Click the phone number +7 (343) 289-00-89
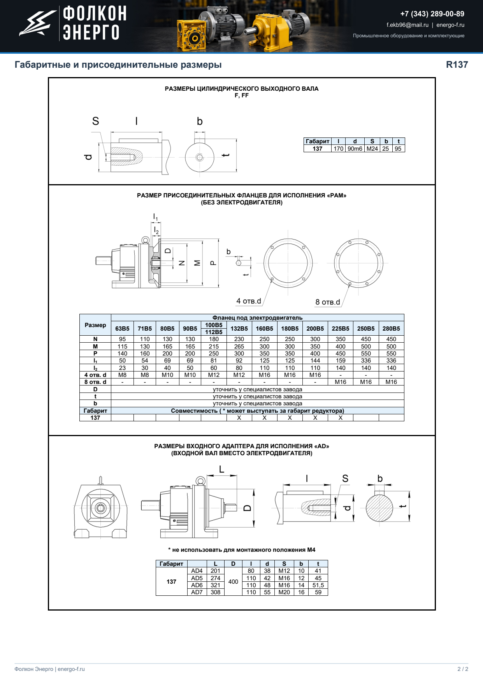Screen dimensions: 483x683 pos(432,14)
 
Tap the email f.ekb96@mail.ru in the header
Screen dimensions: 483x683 pos(407,25)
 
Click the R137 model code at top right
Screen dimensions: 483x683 pos(457,65)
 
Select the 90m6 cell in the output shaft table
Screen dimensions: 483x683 pos(355,149)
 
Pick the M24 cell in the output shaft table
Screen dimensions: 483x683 pos(372,149)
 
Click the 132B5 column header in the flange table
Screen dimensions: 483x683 pos(239,329)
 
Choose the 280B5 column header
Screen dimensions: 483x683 pos(391,329)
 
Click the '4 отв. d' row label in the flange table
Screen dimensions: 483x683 pos(95,375)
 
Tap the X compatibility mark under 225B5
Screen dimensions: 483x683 pos(341,418)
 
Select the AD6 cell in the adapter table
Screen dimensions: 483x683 pos(197,585)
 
